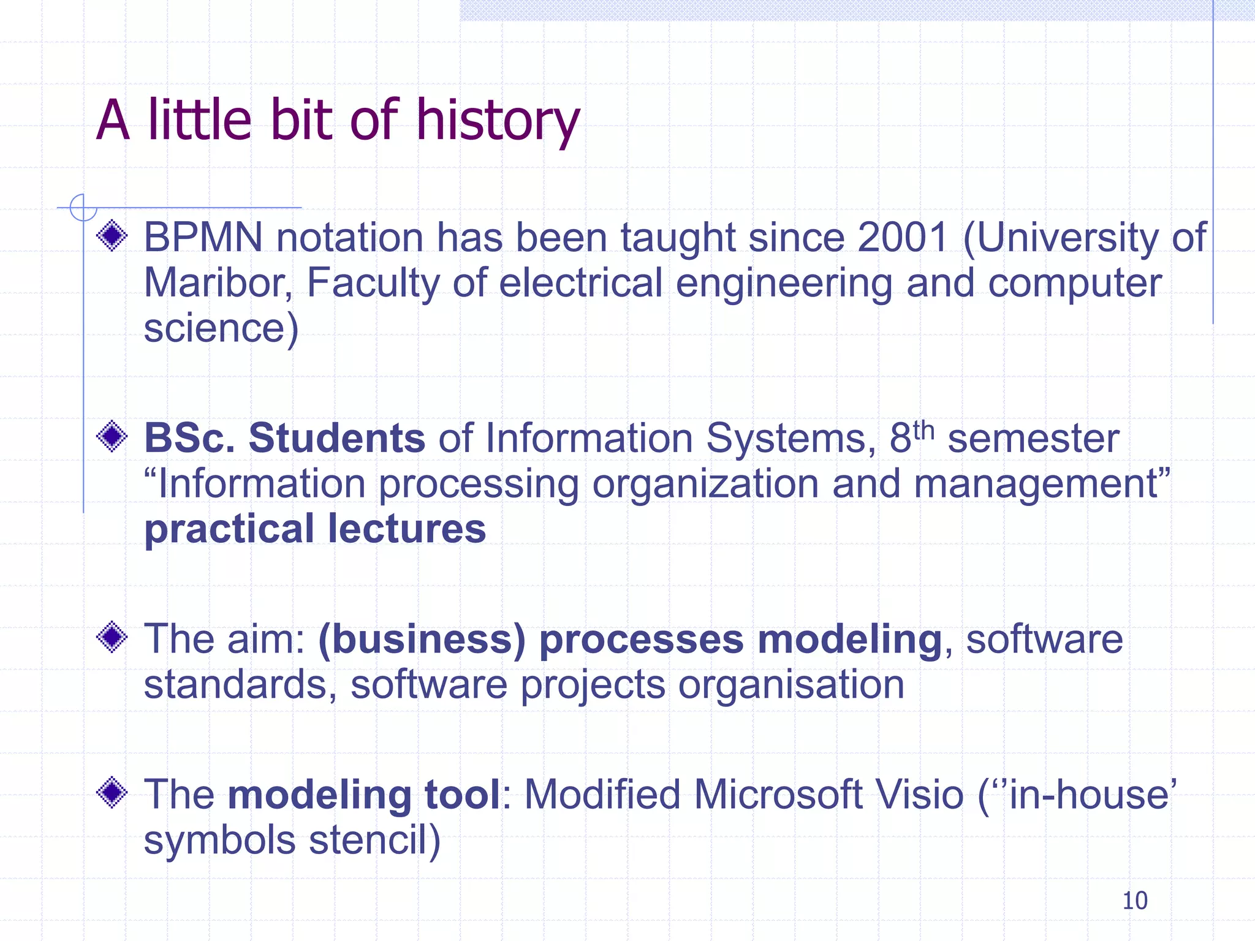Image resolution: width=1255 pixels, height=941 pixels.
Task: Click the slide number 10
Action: coord(1134,901)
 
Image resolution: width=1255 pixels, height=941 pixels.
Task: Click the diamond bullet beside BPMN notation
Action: coord(112,236)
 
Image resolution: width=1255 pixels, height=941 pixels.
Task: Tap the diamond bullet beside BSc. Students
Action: coord(112,437)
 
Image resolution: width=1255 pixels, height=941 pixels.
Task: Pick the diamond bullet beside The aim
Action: coord(112,637)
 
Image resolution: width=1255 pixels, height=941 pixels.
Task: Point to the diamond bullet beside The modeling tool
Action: coord(112,793)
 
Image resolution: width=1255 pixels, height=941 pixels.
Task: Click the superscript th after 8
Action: coord(923,431)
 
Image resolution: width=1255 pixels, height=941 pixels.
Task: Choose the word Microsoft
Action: coord(778,795)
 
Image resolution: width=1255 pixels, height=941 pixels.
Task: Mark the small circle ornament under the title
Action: coord(83,208)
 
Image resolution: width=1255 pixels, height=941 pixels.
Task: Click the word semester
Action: coord(1033,439)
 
